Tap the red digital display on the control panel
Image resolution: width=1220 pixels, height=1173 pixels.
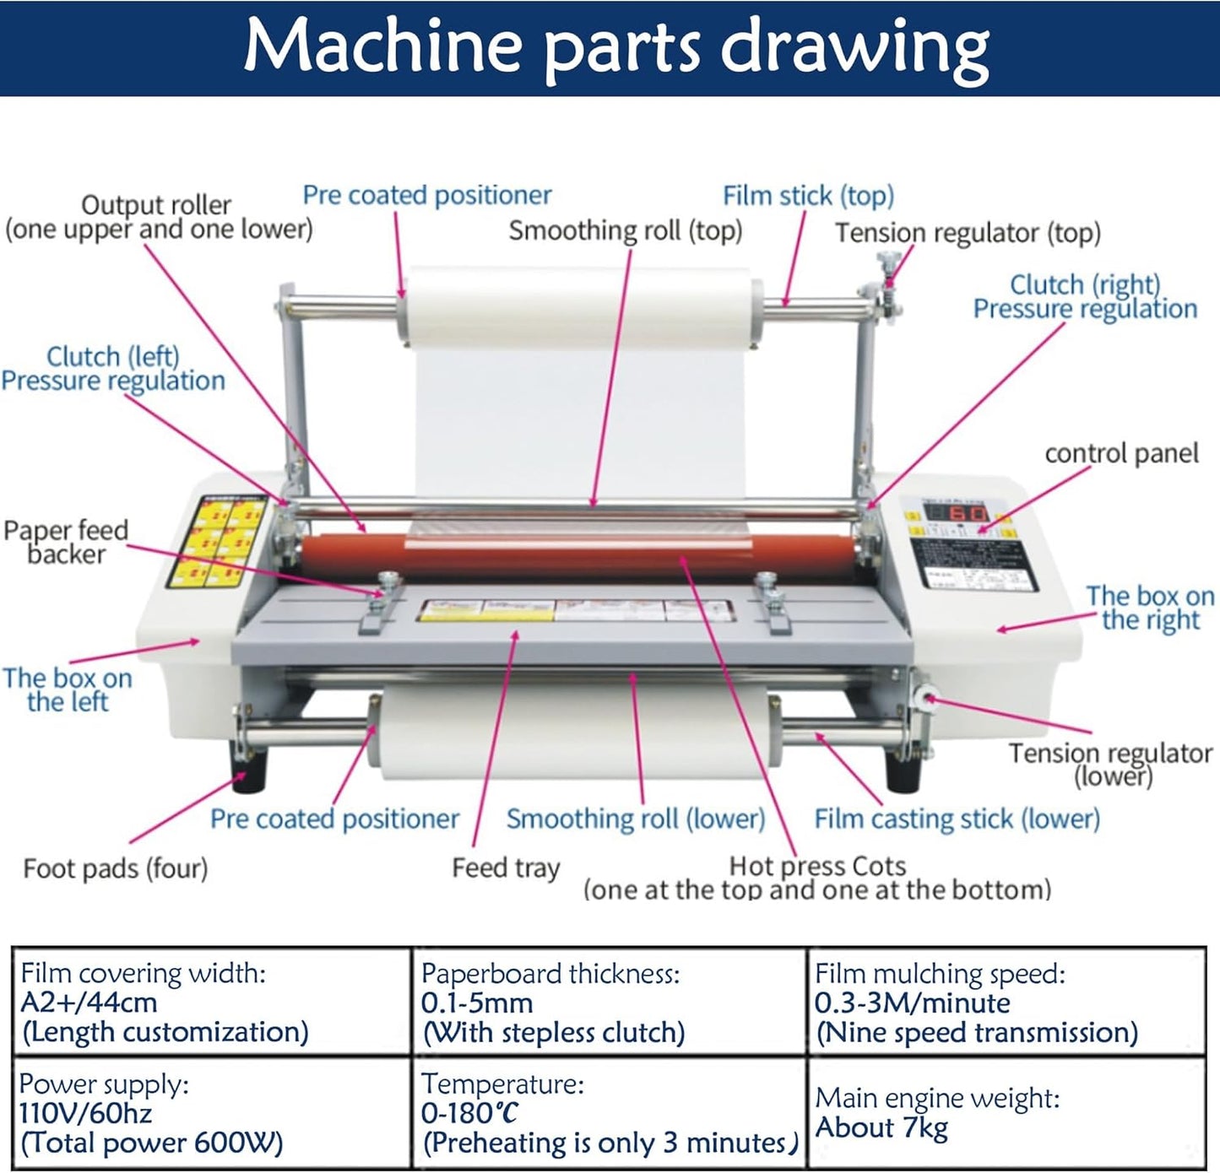coord(957,513)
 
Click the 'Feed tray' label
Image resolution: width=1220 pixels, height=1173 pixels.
coord(506,868)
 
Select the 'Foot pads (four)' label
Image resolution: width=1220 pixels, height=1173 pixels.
coord(116,868)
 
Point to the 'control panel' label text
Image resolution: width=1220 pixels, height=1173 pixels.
coord(1121,453)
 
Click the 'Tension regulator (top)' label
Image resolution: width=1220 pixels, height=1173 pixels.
coord(968,233)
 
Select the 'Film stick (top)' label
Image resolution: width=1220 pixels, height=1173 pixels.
coord(808,196)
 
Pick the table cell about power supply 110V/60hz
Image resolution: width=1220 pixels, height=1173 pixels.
coord(211,1113)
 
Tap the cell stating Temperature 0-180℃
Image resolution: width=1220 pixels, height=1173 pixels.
coord(608,1113)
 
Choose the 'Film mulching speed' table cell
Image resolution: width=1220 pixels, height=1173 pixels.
coord(1005,1003)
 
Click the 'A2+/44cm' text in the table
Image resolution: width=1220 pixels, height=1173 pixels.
coord(89,1003)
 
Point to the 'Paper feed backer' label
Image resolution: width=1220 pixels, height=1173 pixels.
coord(66,542)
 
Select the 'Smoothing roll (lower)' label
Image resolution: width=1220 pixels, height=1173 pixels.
coord(636,819)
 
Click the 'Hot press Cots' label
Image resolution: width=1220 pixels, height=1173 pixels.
coord(817,866)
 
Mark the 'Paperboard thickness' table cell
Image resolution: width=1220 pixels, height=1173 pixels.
coord(608,1003)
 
